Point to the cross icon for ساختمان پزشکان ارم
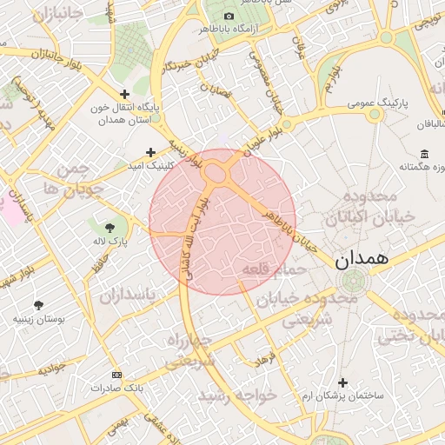click(x=342, y=382)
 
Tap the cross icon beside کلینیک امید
click(x=151, y=151)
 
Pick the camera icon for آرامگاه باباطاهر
click(x=229, y=17)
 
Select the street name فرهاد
click(x=262, y=357)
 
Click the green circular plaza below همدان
click(x=353, y=281)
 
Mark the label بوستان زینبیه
click(x=36, y=319)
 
